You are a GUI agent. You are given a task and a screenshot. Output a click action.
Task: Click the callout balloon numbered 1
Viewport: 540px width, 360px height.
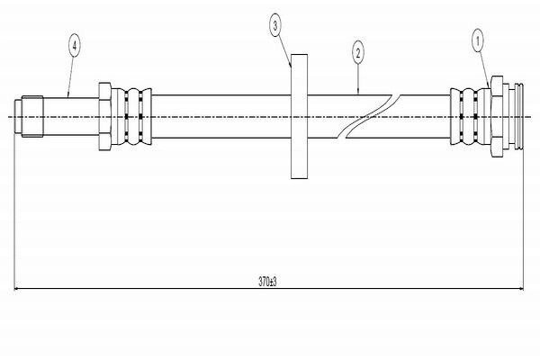477,41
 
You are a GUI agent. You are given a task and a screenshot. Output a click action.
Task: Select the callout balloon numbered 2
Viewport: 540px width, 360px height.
358,53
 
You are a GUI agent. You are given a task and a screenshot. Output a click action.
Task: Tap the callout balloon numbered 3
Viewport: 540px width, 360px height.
274,25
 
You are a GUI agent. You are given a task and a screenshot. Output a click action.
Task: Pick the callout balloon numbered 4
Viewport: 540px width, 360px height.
75,45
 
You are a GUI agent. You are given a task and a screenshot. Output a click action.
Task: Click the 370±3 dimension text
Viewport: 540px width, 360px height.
267,282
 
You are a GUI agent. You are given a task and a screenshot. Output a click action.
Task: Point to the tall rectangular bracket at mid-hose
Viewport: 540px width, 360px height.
299,116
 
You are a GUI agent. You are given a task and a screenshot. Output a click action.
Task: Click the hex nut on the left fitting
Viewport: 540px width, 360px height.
104,116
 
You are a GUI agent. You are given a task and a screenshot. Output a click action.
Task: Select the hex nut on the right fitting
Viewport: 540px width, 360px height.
497,116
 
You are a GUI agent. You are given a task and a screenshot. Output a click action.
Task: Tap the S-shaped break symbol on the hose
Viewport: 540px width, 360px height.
369,116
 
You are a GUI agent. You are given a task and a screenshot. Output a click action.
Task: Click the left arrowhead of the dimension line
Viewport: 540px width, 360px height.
16,289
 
